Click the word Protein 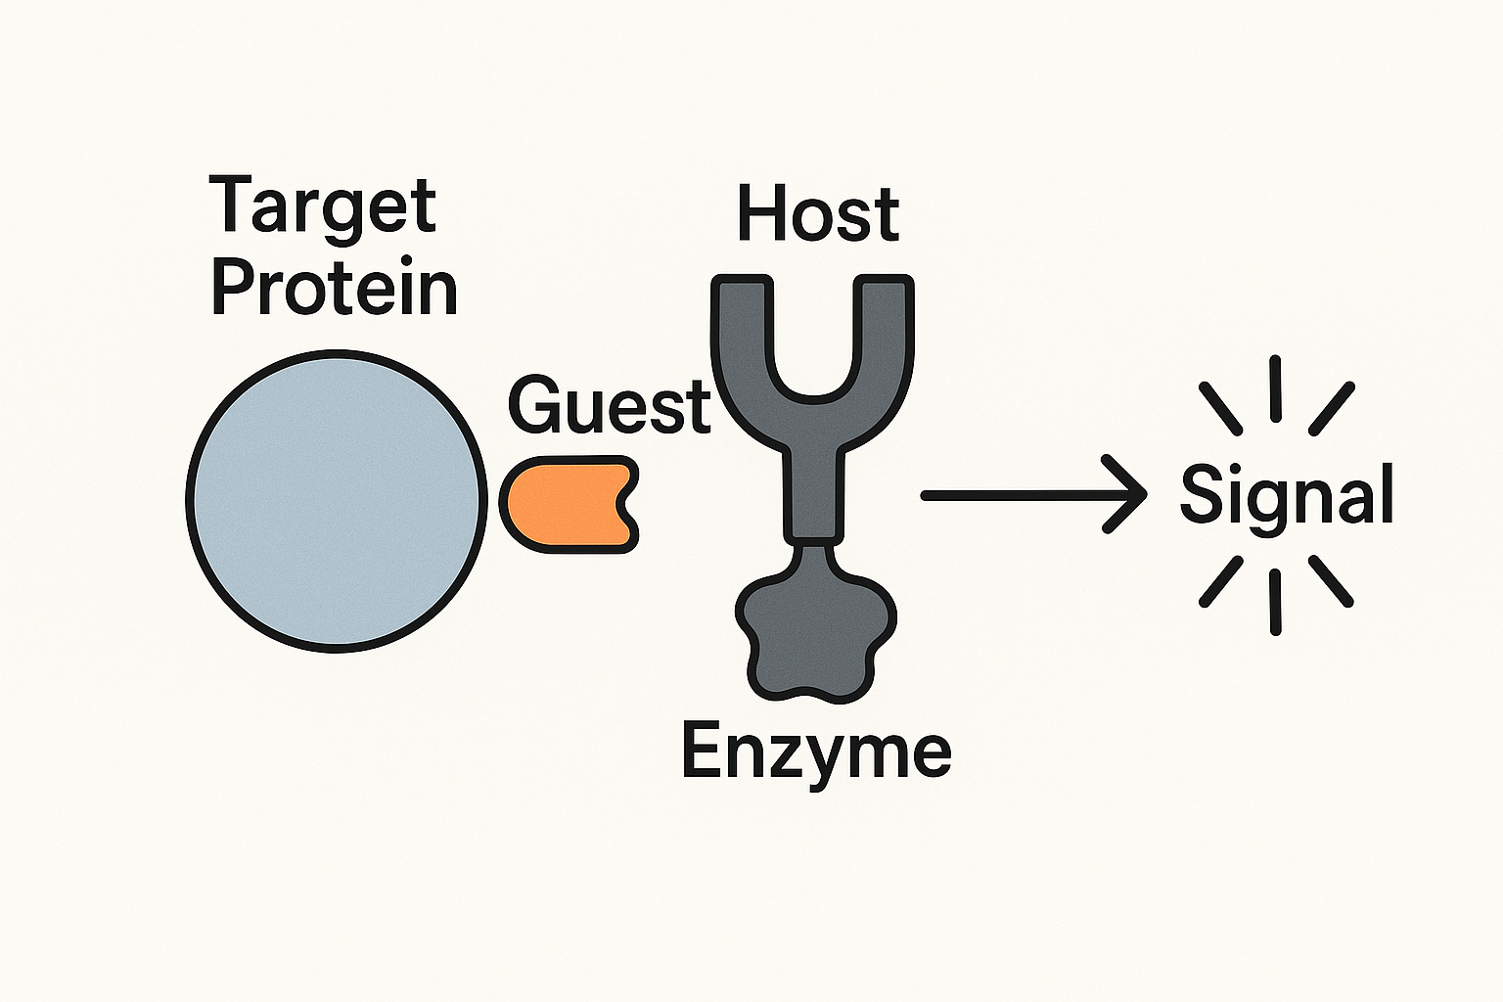(x=335, y=290)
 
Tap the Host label (x=818, y=214)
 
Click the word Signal (x=1287, y=497)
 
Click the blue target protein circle (x=337, y=501)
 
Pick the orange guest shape (x=569, y=504)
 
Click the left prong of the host (x=742, y=336)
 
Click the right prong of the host (x=884, y=336)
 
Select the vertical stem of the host (x=814, y=493)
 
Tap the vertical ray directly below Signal (x=1275, y=602)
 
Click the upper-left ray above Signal (x=1220, y=408)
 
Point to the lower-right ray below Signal (x=1331, y=581)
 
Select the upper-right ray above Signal (x=1332, y=408)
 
